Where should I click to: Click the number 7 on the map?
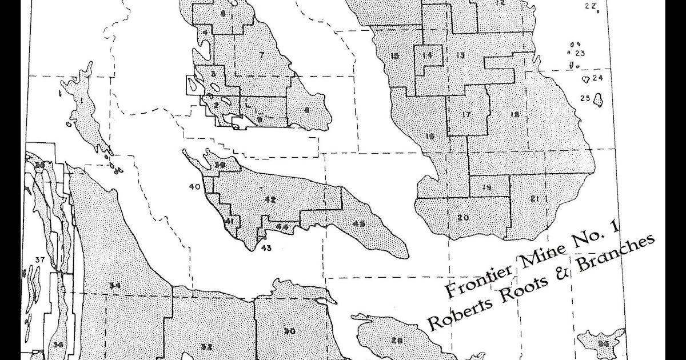pyautogui.click(x=261, y=55)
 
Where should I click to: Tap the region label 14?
pyautogui.click(x=426, y=55)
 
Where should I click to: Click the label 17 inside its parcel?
pyautogui.click(x=466, y=115)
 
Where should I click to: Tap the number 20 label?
pyautogui.click(x=463, y=217)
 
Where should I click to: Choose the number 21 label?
pyautogui.click(x=535, y=199)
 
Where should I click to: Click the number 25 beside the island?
pyautogui.click(x=585, y=98)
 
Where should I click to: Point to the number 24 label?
pyautogui.click(x=598, y=78)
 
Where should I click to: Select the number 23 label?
pyautogui.click(x=580, y=54)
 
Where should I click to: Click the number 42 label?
pyautogui.click(x=270, y=199)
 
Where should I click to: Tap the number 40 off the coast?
pyautogui.click(x=194, y=186)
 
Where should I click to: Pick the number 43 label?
pyautogui.click(x=265, y=247)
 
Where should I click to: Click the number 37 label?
pyautogui.click(x=39, y=261)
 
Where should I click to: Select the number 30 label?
pyautogui.click(x=289, y=330)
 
